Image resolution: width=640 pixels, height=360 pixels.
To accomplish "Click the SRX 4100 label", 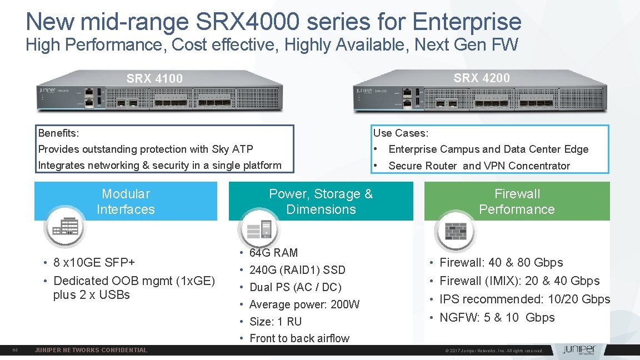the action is (154, 78).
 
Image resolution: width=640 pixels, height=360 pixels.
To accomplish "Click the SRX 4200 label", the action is (481, 78).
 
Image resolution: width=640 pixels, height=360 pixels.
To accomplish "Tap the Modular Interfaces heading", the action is (126, 201).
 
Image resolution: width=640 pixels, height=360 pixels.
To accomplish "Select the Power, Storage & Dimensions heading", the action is (321, 201).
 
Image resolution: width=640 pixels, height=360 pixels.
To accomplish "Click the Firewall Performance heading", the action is (517, 201).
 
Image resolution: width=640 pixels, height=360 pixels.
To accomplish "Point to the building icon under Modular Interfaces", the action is (66, 227).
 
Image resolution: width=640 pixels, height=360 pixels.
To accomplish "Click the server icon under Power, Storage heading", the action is (259, 228).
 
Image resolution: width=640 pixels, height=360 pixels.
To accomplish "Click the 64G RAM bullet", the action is (273, 253).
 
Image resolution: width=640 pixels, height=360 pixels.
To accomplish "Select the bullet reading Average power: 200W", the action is (304, 304).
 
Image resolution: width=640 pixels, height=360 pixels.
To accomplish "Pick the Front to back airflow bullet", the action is (299, 338).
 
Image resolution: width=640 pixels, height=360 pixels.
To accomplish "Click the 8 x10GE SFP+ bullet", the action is (94, 262).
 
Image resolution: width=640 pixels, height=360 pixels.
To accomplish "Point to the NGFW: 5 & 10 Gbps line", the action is (497, 317).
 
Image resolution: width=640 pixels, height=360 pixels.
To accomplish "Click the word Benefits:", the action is (58, 133).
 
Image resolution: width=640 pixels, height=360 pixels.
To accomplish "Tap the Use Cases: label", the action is (401, 133).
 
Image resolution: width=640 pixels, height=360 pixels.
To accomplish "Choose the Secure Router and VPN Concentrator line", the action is (479, 166).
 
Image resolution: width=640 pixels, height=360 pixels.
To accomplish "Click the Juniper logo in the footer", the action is (578, 350).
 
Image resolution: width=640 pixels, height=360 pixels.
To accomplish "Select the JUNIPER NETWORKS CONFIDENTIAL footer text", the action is (91, 350).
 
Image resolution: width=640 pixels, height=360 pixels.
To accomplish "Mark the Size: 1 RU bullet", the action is (276, 322).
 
